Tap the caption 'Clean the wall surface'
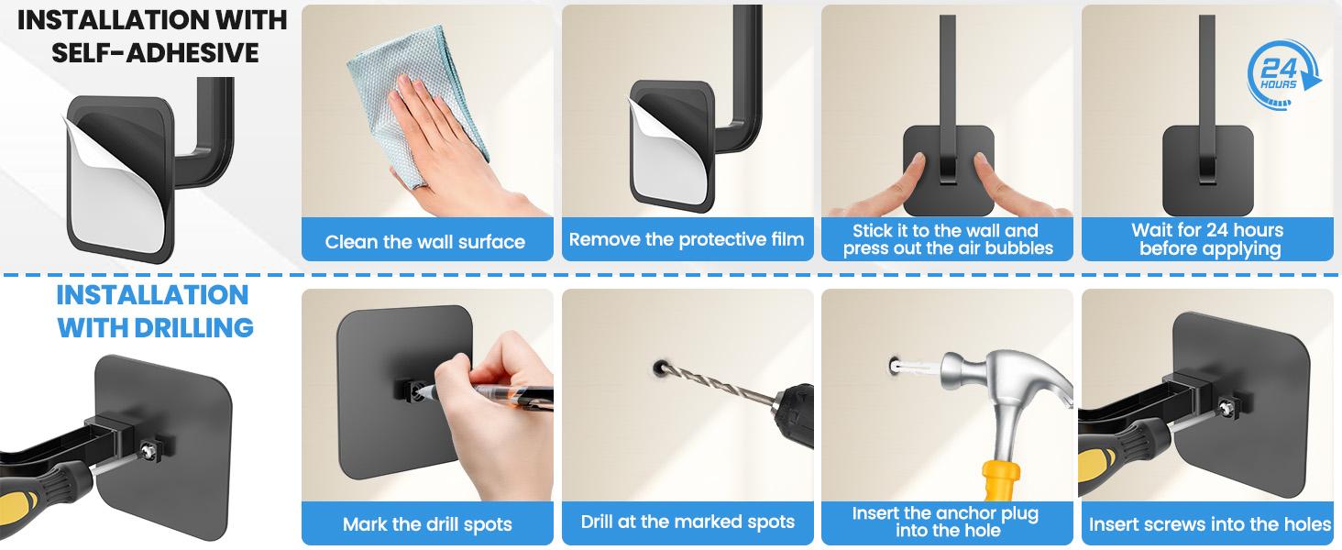(425, 241)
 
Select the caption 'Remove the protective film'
(687, 239)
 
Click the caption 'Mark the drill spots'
(427, 524)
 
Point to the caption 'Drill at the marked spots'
(687, 522)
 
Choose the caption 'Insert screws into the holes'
(1210, 524)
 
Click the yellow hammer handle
(1000, 480)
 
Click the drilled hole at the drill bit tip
(660, 367)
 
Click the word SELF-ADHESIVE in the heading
(155, 53)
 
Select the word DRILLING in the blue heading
(194, 328)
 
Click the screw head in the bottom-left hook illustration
(147, 449)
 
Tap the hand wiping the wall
(456, 149)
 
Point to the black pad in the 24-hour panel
(1208, 170)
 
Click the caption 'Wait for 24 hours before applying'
(1208, 239)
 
